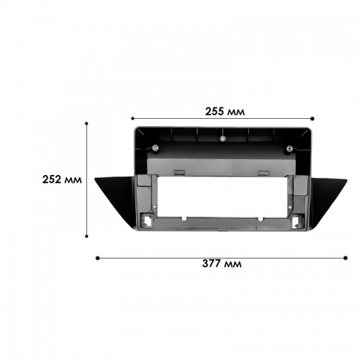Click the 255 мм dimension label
click(x=225, y=112)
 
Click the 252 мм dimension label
click(x=62, y=179)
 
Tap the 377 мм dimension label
click(x=222, y=264)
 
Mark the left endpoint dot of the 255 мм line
click(x=132, y=118)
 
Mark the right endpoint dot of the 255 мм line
click(x=312, y=119)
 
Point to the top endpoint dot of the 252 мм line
click(x=86, y=123)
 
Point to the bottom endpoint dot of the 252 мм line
click(x=86, y=236)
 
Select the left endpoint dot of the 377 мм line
click(x=97, y=258)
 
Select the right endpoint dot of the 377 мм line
click(x=346, y=258)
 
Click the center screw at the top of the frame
click(x=222, y=138)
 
